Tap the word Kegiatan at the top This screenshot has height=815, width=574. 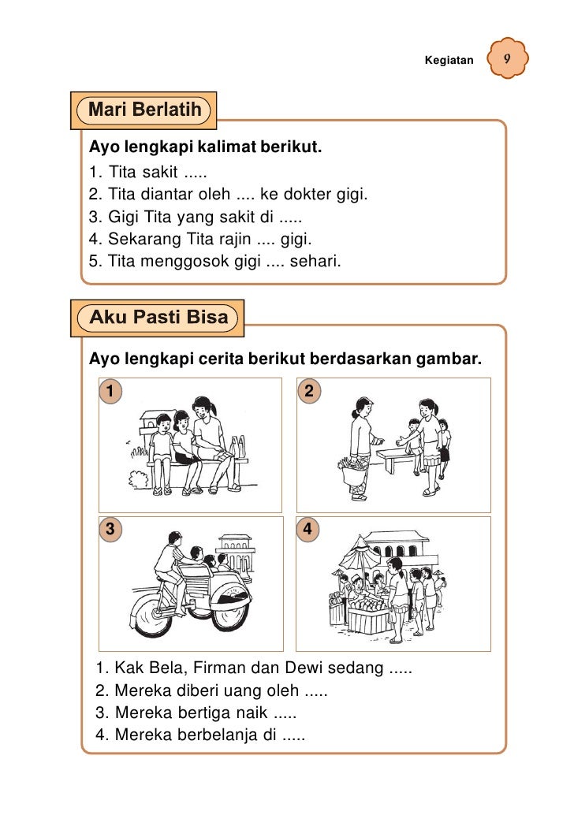tap(449, 61)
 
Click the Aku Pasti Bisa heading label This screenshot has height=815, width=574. tap(158, 318)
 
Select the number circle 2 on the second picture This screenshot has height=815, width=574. tap(309, 390)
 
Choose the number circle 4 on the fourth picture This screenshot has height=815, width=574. tap(309, 530)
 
